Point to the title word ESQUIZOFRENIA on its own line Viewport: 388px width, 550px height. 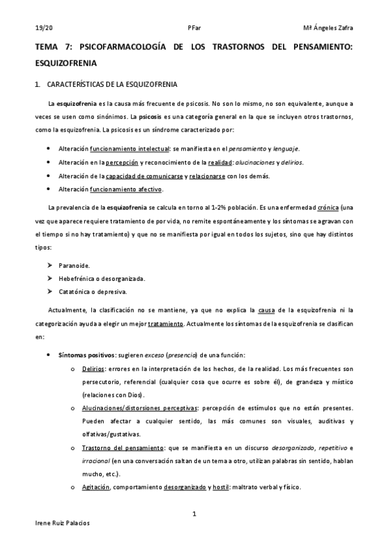66,64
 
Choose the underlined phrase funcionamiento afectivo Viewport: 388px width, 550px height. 127,189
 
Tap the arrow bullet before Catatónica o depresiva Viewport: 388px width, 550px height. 51,292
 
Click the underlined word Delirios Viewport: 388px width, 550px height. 93,368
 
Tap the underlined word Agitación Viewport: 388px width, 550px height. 97,488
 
